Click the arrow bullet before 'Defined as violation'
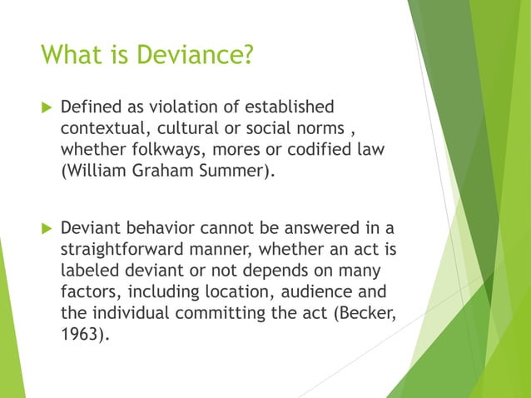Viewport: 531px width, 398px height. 45,107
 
